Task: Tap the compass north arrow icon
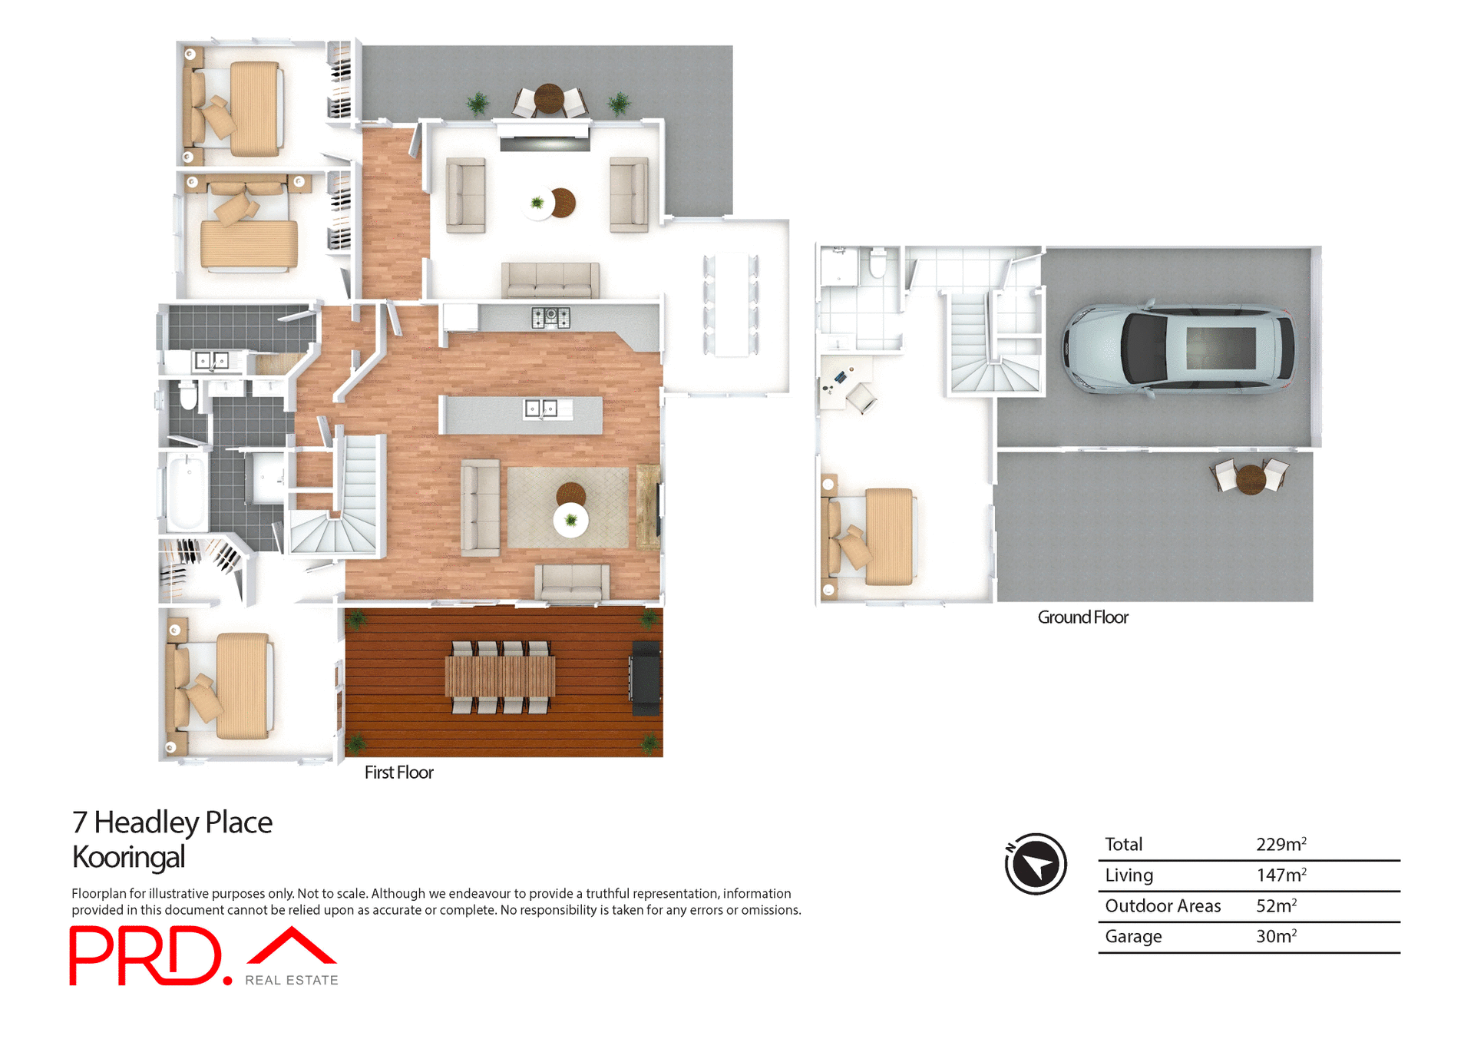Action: tap(1036, 864)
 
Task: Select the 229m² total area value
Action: tap(1281, 845)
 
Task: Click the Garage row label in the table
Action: tap(1133, 937)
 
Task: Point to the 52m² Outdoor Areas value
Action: tap(1276, 906)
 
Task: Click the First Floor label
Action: tap(398, 773)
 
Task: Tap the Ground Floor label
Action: tap(1082, 617)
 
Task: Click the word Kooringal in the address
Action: tap(128, 857)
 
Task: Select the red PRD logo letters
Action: tap(146, 956)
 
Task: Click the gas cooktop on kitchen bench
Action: tap(550, 316)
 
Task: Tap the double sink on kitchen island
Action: tap(540, 409)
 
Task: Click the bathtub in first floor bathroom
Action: tap(184, 491)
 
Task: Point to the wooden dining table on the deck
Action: tap(501, 677)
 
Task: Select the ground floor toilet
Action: tap(877, 263)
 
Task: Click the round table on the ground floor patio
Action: tap(1251, 478)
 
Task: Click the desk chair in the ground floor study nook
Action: tap(861, 398)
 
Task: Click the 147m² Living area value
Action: tap(1281, 875)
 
